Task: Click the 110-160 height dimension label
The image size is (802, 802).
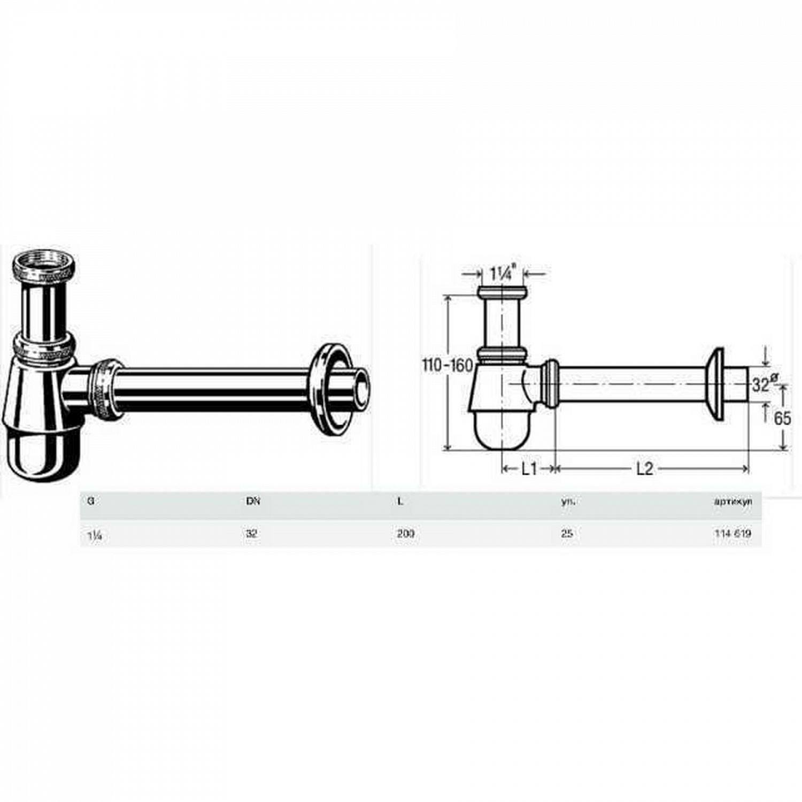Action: click(448, 366)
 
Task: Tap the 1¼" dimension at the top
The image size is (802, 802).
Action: click(501, 274)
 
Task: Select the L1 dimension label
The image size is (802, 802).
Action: click(529, 469)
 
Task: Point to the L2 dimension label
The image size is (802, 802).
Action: click(645, 469)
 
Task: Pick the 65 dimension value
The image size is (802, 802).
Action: click(782, 418)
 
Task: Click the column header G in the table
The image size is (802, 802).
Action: click(90, 502)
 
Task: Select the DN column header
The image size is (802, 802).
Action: click(252, 502)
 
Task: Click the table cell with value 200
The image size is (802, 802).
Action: click(406, 534)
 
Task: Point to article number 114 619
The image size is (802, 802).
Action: click(732, 534)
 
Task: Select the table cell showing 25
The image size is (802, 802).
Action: click(567, 534)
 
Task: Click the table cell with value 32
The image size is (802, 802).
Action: click(252, 534)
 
